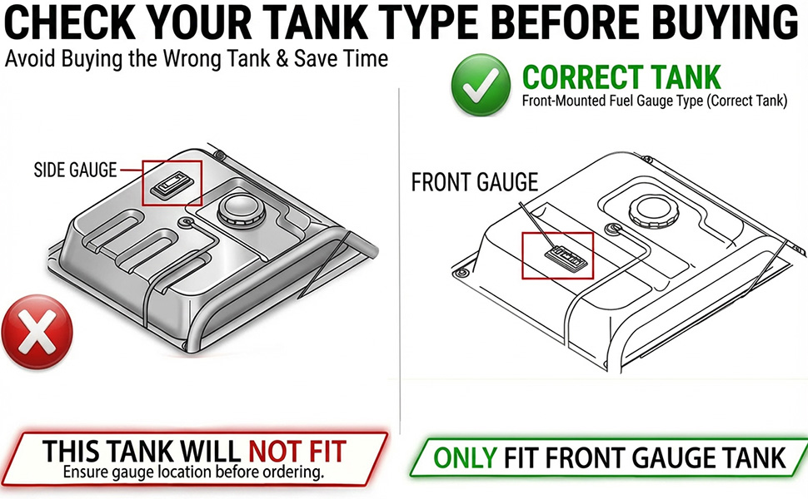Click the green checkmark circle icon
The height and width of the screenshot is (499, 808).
(x=481, y=85)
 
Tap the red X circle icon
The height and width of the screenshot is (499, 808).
(x=37, y=332)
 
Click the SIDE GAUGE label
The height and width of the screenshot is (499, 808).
(x=75, y=170)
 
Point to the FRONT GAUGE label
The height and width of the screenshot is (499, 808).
(x=475, y=182)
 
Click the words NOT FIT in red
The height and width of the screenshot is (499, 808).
(x=297, y=451)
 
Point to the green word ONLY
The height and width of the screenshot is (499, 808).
(x=465, y=458)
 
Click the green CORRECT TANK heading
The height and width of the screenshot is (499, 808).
(x=621, y=77)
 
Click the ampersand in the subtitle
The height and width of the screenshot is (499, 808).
(x=282, y=59)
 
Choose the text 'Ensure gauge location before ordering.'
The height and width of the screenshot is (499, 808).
(x=193, y=472)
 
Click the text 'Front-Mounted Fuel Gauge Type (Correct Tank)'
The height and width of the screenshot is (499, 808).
(x=655, y=101)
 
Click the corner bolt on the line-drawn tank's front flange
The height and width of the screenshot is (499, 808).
(x=461, y=272)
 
